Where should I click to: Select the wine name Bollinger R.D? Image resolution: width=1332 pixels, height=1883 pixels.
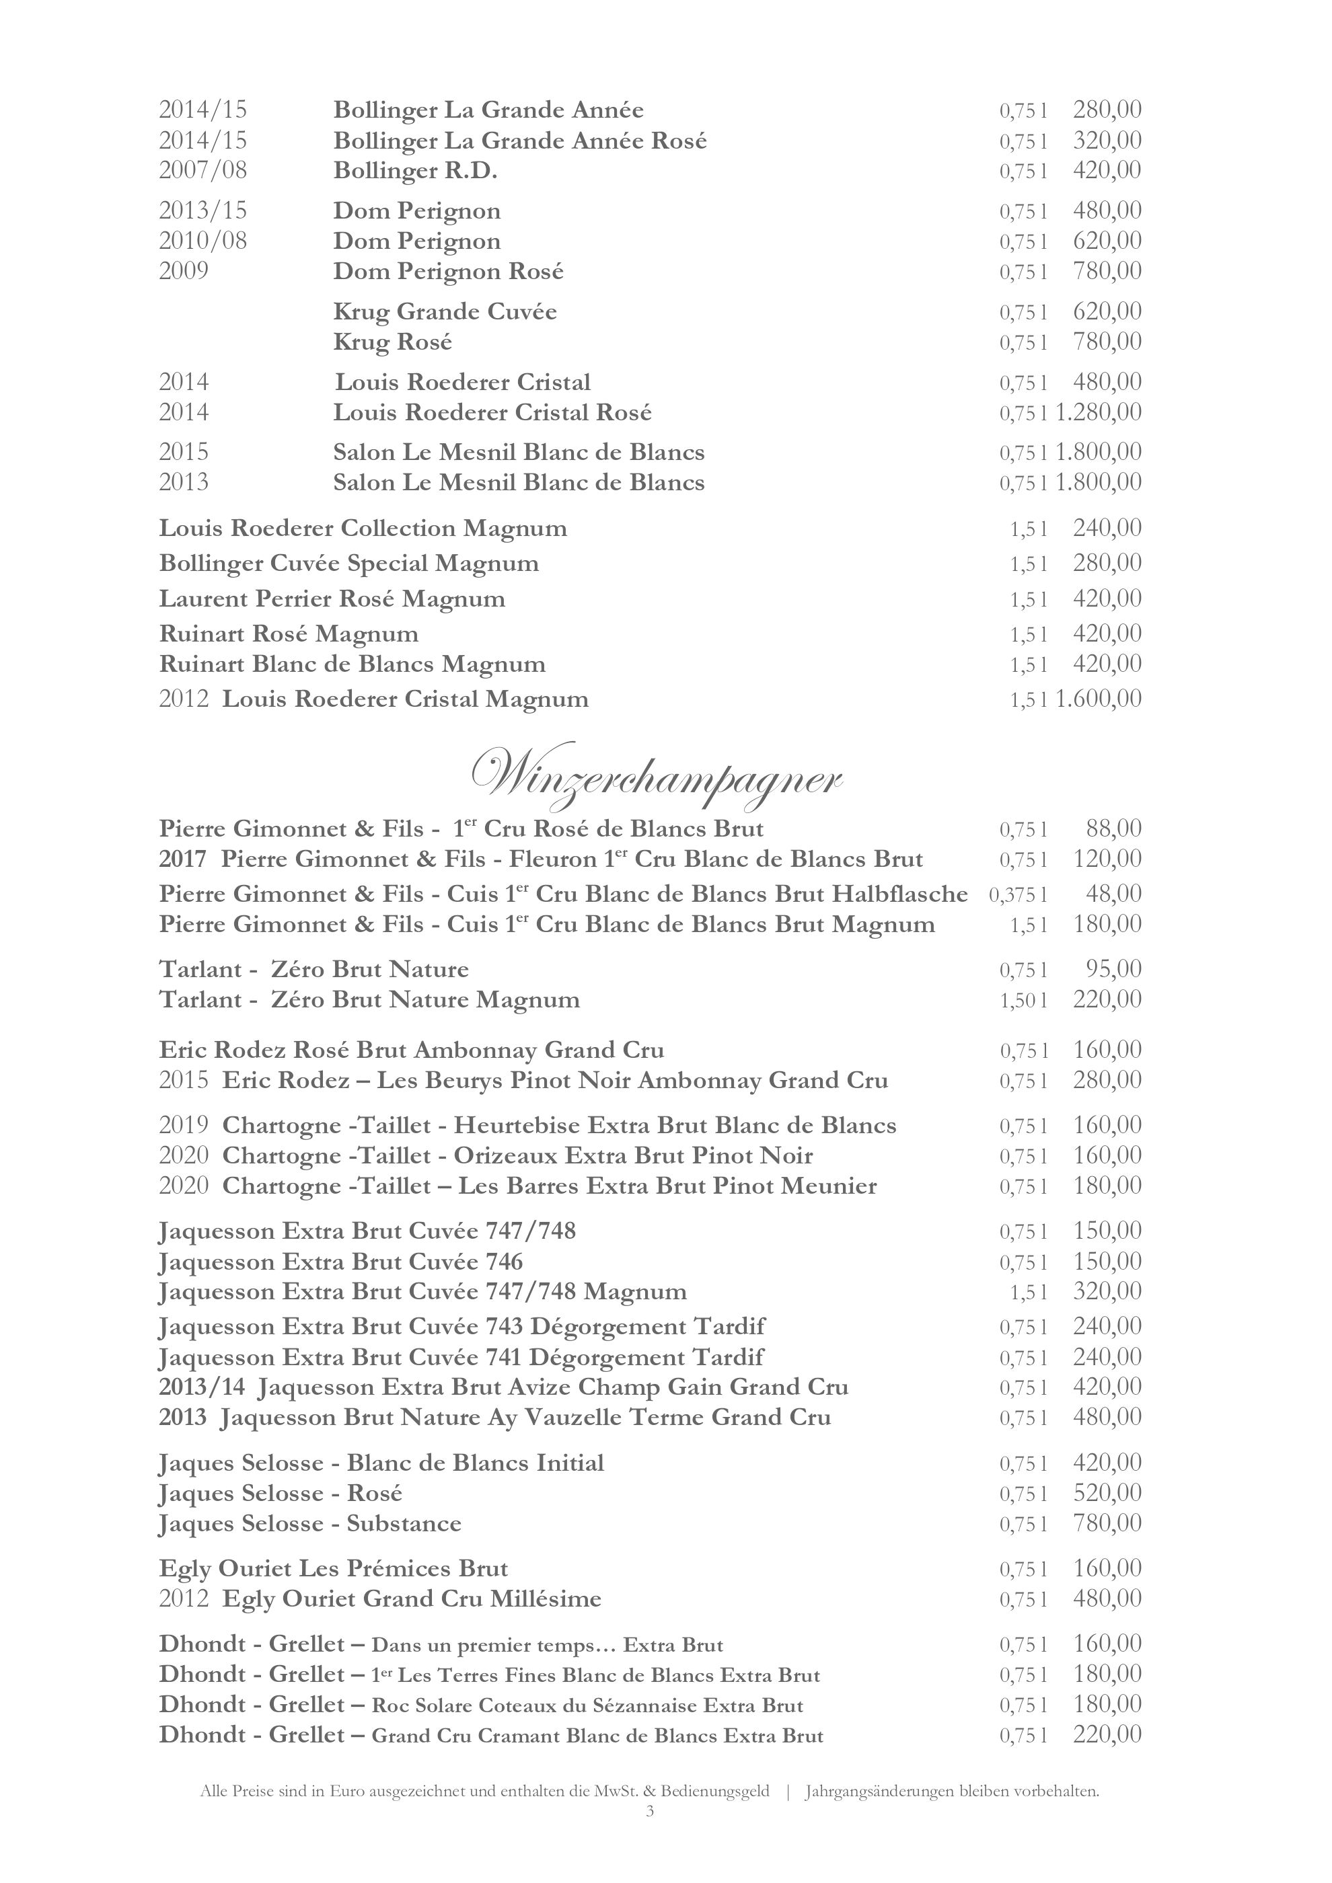click(416, 171)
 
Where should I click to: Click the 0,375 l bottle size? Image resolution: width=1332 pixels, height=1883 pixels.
click(1018, 894)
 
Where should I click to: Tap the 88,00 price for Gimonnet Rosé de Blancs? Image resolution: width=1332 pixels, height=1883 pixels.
click(1113, 829)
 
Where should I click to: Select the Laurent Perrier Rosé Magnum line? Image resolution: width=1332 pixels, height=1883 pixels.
click(332, 599)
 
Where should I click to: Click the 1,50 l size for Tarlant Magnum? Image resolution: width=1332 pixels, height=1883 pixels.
click(1023, 1001)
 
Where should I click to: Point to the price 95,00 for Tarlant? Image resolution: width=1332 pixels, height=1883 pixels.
click(1113, 969)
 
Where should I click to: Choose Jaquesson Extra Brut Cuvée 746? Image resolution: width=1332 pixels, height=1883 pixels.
click(340, 1262)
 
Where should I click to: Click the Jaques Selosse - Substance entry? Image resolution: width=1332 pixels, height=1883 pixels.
click(310, 1524)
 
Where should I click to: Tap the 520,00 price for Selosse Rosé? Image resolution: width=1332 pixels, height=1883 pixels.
click(1107, 1494)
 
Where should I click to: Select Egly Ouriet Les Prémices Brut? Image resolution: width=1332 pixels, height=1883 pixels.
click(333, 1569)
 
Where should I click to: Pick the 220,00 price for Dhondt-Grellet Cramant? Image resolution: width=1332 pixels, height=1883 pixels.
click(1107, 1734)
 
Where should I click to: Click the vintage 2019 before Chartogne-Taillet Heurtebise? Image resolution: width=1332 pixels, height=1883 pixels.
click(184, 1126)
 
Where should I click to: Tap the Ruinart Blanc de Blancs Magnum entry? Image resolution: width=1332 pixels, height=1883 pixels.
click(352, 664)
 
